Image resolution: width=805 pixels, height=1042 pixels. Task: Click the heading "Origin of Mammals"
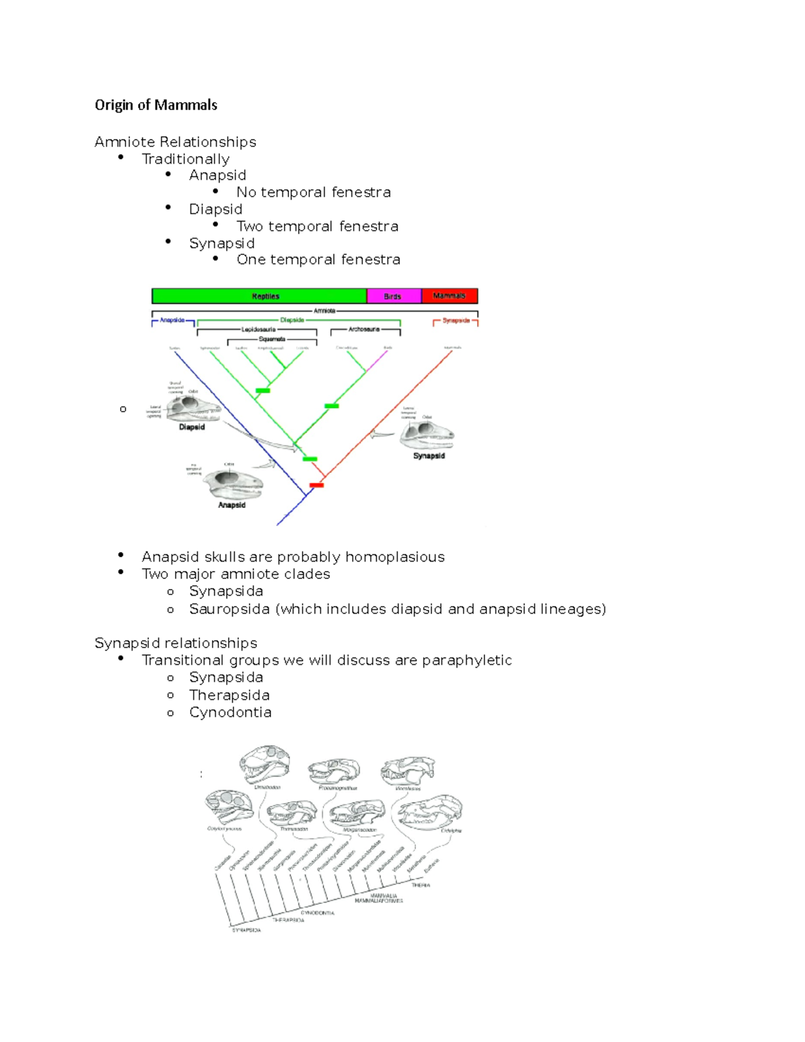(156, 105)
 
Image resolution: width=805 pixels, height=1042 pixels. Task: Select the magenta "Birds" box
(393, 296)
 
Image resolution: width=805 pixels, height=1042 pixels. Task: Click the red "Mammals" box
(449, 296)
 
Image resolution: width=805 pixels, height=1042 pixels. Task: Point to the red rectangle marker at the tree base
(316, 484)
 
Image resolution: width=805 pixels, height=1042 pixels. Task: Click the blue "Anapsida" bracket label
(172, 320)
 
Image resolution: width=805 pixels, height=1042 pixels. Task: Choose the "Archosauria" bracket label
(364, 329)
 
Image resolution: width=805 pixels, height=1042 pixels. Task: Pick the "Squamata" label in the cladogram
(272, 339)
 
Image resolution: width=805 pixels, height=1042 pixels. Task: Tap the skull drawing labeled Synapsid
(427, 435)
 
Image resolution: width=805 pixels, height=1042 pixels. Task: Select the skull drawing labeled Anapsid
(233, 483)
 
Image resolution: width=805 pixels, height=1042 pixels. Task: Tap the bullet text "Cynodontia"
(230, 713)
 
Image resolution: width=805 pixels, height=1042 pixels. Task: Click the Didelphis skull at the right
(431, 812)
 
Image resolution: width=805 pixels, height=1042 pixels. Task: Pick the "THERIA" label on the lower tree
(421, 886)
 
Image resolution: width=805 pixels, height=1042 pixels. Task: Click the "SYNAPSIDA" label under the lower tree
(246, 931)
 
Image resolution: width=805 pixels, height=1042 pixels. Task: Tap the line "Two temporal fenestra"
(317, 227)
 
